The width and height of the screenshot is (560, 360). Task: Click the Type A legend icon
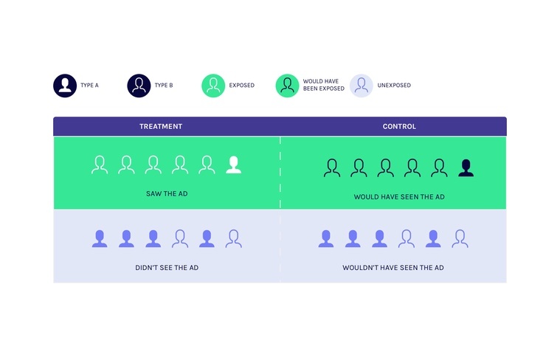[x=65, y=86]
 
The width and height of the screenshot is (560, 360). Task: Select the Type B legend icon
[x=139, y=86]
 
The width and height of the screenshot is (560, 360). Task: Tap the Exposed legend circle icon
[x=213, y=86]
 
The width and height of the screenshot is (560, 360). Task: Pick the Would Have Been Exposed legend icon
[x=287, y=86]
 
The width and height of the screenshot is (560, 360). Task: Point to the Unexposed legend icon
[x=361, y=86]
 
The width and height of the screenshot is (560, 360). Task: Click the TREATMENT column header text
[x=161, y=126]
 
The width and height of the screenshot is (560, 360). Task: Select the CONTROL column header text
[x=399, y=126]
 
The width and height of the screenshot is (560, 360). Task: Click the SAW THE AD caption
[x=167, y=193]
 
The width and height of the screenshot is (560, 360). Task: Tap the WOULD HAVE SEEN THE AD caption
[x=399, y=197]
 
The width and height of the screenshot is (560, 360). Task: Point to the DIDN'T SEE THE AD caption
[x=167, y=268]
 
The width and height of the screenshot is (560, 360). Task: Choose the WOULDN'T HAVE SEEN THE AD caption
[x=393, y=268]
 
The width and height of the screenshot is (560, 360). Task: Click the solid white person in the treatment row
[x=234, y=165]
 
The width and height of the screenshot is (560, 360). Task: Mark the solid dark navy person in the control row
[x=466, y=168]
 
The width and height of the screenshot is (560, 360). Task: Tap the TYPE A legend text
[x=89, y=86]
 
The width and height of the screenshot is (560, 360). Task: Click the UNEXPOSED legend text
[x=394, y=86]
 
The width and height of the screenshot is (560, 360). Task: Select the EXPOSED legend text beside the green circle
[x=242, y=86]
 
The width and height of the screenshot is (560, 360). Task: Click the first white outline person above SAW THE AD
[x=100, y=165]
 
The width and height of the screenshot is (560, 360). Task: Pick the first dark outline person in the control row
[x=332, y=168]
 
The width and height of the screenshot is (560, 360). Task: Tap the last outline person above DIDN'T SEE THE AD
[x=234, y=238]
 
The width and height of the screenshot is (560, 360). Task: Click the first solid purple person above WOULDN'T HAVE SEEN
[x=326, y=238]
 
